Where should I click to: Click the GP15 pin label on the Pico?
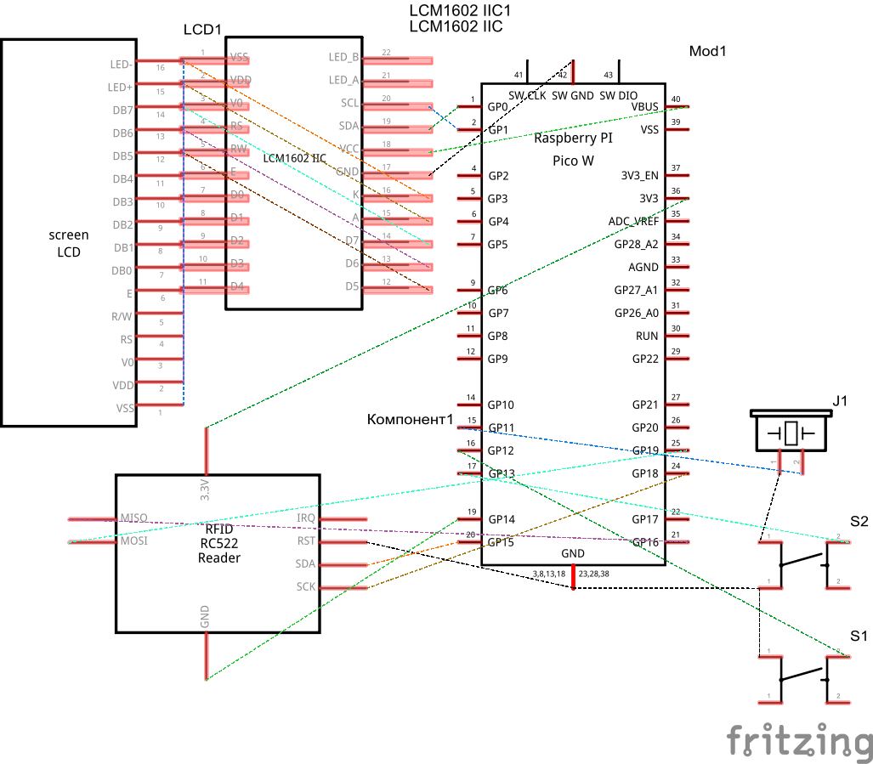click(502, 542)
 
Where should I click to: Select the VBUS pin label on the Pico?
click(644, 107)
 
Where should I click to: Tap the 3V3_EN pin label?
click(639, 176)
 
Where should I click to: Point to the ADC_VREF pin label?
click(633, 222)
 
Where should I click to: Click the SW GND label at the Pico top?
click(572, 96)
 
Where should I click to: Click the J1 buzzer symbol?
click(791, 433)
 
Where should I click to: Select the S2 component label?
click(859, 522)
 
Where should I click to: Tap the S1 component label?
click(859, 636)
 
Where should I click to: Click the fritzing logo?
click(799, 740)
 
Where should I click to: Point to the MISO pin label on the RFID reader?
click(133, 518)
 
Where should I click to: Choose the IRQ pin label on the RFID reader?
click(305, 518)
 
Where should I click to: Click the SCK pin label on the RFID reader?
click(305, 586)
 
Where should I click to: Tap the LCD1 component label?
click(202, 30)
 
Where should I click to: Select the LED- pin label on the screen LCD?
click(120, 65)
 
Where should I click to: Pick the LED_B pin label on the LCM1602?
click(343, 58)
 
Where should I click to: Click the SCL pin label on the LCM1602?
click(349, 104)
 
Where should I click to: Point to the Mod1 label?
click(707, 52)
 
